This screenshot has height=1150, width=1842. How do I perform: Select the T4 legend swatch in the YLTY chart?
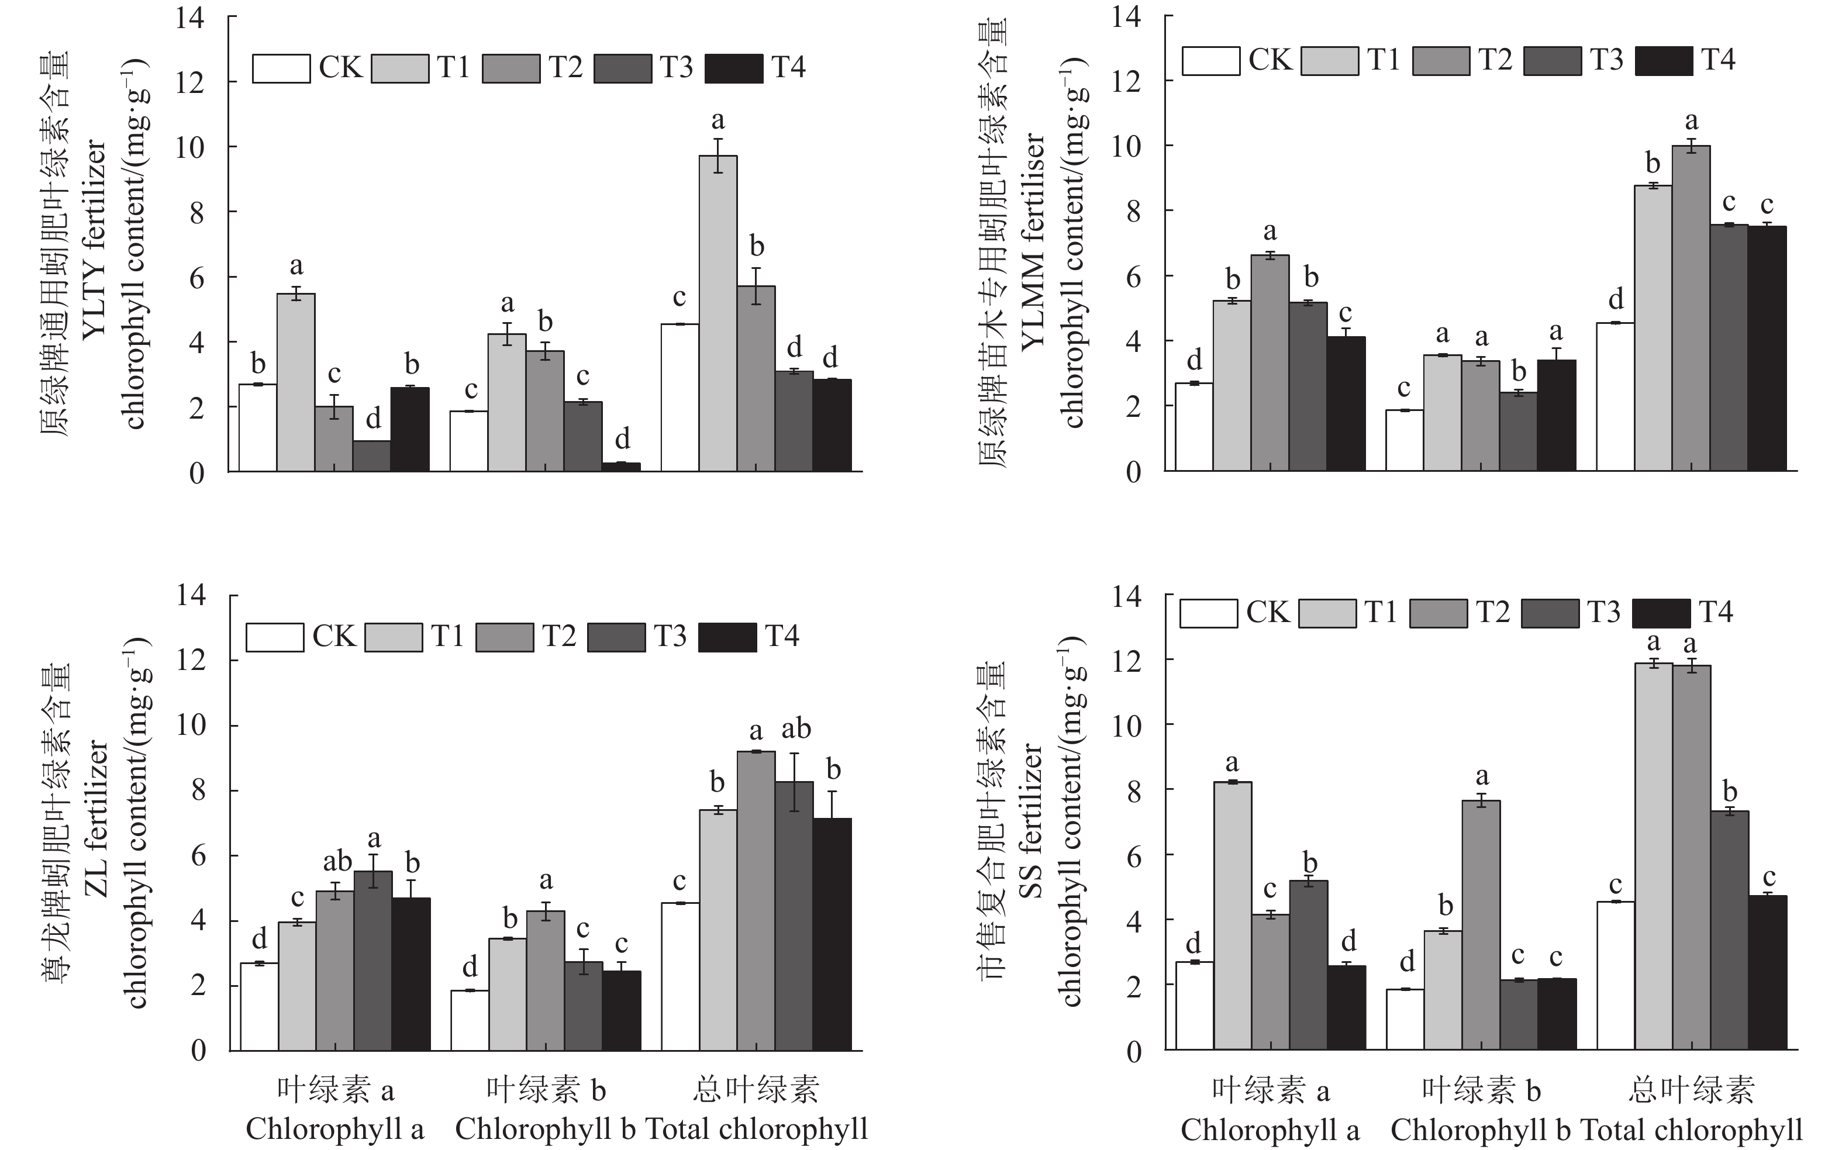coord(733,68)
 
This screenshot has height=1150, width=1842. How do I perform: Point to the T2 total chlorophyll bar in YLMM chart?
coord(1690,308)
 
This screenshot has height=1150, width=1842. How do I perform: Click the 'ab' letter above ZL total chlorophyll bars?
coord(796,728)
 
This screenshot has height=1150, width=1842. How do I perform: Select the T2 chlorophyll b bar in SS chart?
coord(1481,925)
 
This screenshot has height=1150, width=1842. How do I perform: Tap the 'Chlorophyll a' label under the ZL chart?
coord(334,1129)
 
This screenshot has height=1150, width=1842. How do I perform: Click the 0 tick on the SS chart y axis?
coord(1133,1052)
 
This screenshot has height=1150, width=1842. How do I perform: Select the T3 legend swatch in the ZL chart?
coord(616,637)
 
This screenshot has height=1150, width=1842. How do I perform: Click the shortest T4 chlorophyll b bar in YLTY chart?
coord(622,466)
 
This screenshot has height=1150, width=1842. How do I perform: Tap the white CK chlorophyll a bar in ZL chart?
coord(259,1007)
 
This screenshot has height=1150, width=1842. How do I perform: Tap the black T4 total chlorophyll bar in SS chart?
coord(1767,973)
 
